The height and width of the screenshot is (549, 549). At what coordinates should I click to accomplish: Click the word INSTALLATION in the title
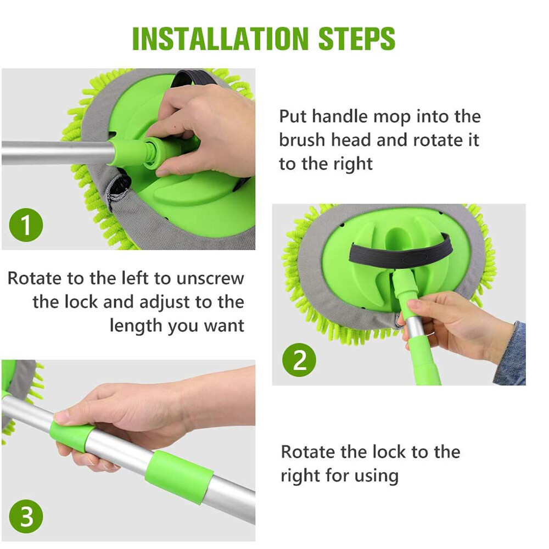(220, 38)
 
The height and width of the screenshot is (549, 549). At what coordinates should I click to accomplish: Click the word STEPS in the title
(357, 38)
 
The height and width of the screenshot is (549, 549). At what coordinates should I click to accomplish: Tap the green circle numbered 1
(26, 225)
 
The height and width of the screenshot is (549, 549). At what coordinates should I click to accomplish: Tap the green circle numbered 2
(299, 360)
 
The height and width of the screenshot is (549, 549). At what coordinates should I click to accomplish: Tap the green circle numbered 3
(26, 517)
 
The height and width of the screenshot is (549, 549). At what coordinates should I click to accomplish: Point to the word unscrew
(210, 279)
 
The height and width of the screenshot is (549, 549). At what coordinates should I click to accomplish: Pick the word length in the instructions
(136, 326)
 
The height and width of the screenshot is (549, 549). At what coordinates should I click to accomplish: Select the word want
(224, 326)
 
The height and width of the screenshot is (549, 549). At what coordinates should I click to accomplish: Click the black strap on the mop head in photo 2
(401, 250)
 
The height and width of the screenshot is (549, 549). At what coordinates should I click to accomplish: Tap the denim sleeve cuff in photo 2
(511, 354)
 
